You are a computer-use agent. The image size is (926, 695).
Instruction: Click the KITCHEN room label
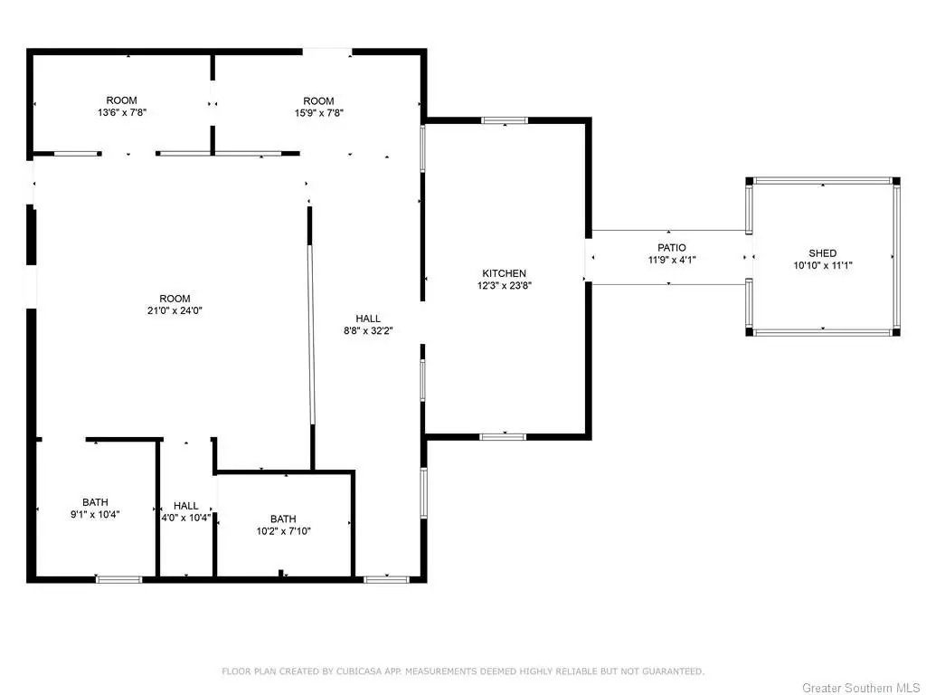pyautogui.click(x=504, y=273)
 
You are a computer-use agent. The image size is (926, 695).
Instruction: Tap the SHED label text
pyautogui.click(x=823, y=253)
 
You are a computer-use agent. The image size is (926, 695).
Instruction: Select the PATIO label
pyautogui.click(x=672, y=248)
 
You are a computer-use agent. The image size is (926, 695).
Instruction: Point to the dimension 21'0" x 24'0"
pyautogui.click(x=175, y=310)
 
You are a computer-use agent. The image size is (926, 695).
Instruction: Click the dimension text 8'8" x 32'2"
pyautogui.click(x=368, y=331)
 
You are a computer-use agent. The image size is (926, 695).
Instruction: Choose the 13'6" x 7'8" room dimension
pyautogui.click(x=122, y=112)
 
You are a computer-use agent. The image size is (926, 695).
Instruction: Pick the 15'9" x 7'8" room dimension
pyautogui.click(x=319, y=113)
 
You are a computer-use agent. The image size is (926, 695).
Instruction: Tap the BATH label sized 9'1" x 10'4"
pyautogui.click(x=95, y=502)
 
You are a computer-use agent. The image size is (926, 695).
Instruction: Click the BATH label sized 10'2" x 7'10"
pyautogui.click(x=283, y=519)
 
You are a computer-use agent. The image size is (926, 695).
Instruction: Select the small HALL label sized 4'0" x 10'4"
pyautogui.click(x=186, y=506)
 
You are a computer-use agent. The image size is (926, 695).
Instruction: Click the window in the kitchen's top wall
pyautogui.click(x=505, y=120)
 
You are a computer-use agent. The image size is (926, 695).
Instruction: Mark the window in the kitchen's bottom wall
pyautogui.click(x=503, y=437)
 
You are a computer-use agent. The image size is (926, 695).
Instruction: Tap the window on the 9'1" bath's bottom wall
pyautogui.click(x=118, y=579)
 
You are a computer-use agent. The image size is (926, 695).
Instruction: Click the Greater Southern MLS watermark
pyautogui.click(x=861, y=688)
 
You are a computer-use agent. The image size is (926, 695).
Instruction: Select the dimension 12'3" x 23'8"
pyautogui.click(x=505, y=285)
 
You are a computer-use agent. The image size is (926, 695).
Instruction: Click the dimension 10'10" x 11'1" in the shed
pyautogui.click(x=823, y=265)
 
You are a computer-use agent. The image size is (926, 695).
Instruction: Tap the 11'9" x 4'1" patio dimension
pyautogui.click(x=672, y=260)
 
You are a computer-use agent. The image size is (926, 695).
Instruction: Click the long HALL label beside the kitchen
pyautogui.click(x=368, y=319)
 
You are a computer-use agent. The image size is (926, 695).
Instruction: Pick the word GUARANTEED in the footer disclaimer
pyautogui.click(x=673, y=671)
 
